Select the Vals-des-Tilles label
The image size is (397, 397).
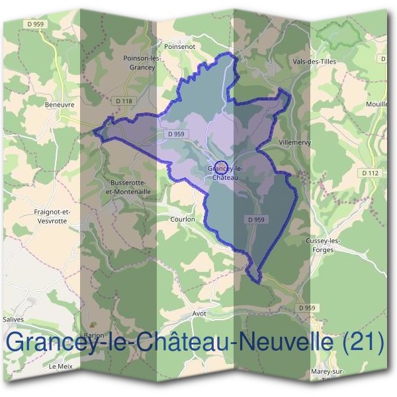pyautogui.click(x=314, y=62)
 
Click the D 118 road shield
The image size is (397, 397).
pyautogui.click(x=123, y=101)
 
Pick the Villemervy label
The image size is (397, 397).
pyautogui.click(x=295, y=142)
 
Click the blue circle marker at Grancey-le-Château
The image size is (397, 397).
pyautogui.click(x=222, y=166)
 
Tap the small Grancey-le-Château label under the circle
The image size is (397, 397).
pyautogui.click(x=222, y=173)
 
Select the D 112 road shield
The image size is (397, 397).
pyautogui.click(x=371, y=173)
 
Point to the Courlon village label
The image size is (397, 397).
pyautogui.click(x=182, y=218)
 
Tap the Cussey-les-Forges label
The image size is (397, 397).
pyautogui.click(x=323, y=245)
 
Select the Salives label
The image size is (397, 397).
pyautogui.click(x=14, y=319)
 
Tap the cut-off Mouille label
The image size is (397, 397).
pyautogui.click(x=376, y=105)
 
